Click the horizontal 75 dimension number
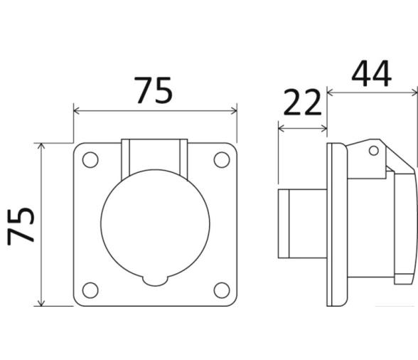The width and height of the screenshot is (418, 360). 154,90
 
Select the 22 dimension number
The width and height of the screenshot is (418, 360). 303,104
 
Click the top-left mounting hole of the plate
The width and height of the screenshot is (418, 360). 90,160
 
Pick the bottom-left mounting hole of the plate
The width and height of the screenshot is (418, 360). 90,290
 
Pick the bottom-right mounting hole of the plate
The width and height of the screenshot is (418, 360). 221,290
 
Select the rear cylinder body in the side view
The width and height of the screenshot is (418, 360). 302,223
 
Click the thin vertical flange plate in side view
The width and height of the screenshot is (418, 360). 334,224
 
